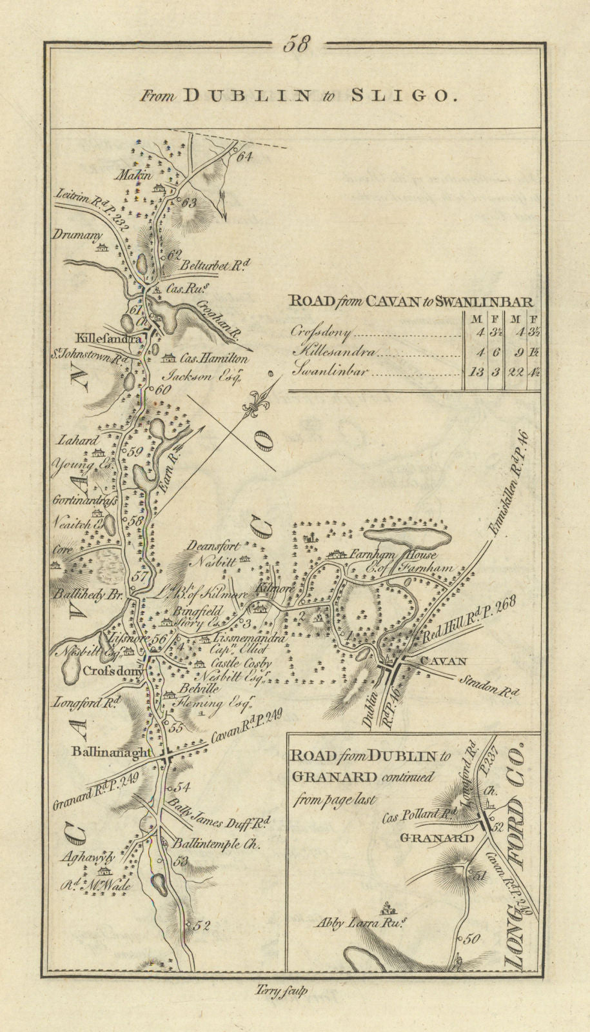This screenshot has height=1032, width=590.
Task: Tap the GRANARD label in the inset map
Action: point(446,838)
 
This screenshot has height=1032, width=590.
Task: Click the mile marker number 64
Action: point(242,155)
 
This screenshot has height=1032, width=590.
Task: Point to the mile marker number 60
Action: point(161,389)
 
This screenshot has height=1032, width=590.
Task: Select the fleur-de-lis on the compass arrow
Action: point(253,407)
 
